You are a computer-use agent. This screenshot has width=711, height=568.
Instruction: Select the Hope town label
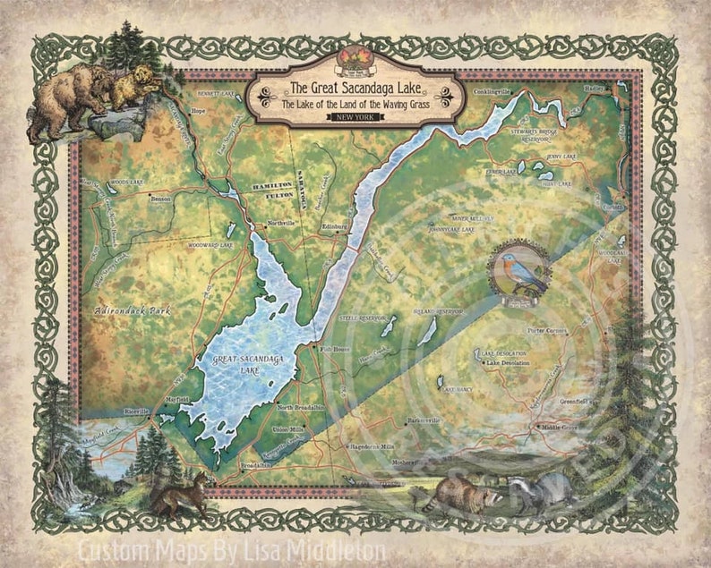[x=199, y=111]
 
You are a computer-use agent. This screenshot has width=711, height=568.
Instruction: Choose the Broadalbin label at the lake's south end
[x=255, y=466]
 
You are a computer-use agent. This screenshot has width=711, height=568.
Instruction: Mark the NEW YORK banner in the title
[x=355, y=118]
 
